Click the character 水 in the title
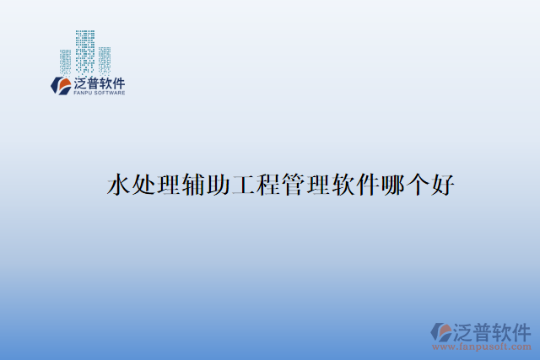119,185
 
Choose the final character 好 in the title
445,185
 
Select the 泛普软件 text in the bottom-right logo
493,330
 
